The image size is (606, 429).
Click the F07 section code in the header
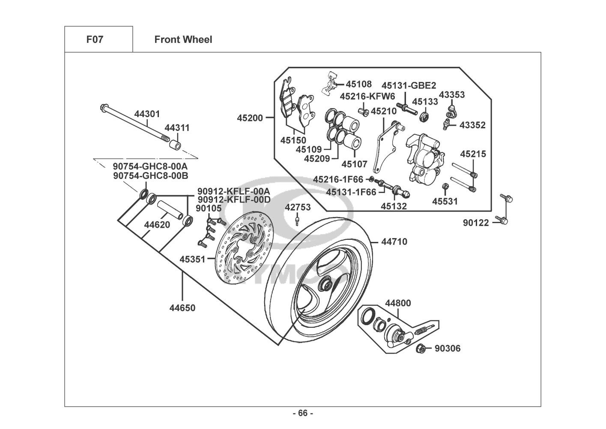point(95,40)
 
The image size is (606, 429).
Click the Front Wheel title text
point(183,40)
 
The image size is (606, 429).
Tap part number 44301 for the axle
point(147,114)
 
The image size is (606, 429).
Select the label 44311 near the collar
point(177,128)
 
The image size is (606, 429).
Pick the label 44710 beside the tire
point(394,242)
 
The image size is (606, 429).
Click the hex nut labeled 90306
point(421,349)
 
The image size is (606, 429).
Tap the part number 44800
point(398,303)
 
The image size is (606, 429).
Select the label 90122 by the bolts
point(476,223)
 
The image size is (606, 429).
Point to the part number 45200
point(250,117)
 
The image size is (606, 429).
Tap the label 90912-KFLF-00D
point(233,199)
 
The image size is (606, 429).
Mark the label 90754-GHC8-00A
point(150,166)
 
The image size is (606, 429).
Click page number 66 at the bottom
point(302,413)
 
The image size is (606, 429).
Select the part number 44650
point(182,308)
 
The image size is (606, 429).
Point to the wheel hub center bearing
point(325,284)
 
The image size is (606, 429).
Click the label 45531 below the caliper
point(445,201)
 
